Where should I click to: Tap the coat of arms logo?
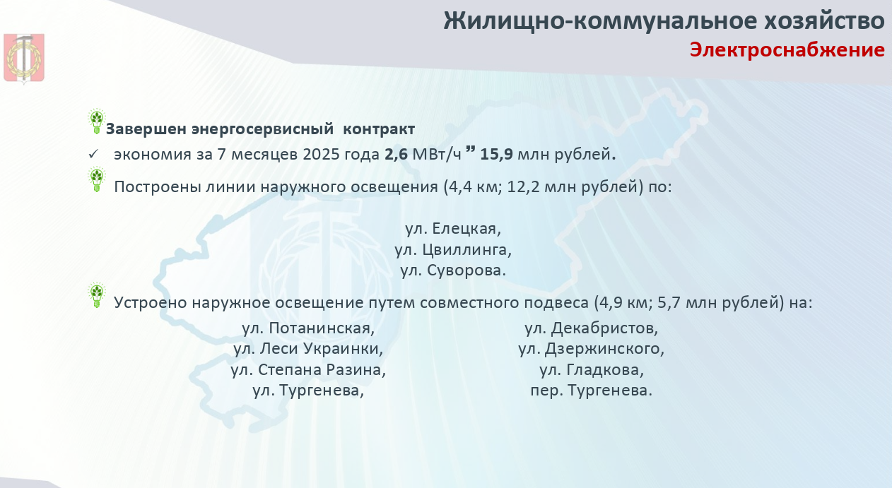click(x=24, y=59)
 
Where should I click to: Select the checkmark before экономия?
click(x=93, y=154)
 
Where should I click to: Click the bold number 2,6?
click(x=397, y=155)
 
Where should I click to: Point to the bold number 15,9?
click(x=497, y=155)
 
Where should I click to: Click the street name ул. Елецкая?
click(x=453, y=229)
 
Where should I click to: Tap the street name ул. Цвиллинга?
click(x=453, y=250)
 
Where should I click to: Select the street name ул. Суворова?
click(x=453, y=270)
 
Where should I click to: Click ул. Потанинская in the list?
click(x=308, y=328)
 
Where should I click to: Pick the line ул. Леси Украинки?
click(x=308, y=349)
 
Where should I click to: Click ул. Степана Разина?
click(x=308, y=370)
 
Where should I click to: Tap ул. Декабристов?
click(x=592, y=328)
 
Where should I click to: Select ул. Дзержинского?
click(x=592, y=349)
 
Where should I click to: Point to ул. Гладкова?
click(x=592, y=370)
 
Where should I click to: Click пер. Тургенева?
click(x=592, y=391)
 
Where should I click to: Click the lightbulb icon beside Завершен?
click(x=96, y=121)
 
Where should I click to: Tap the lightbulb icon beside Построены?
click(x=96, y=179)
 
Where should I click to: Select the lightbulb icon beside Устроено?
click(x=96, y=295)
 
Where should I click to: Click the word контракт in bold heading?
click(x=379, y=129)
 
